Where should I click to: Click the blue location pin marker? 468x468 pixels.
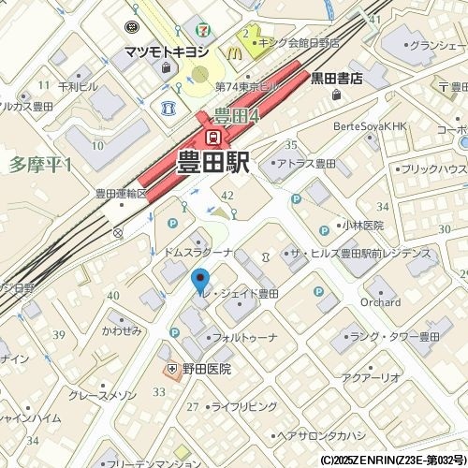199,278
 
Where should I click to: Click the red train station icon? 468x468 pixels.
214,137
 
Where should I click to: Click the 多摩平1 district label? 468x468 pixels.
40,165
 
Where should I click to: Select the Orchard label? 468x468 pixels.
381,302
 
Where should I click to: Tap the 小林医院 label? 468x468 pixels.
362,226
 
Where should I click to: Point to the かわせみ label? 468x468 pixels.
122,331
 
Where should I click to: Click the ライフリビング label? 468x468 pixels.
243,406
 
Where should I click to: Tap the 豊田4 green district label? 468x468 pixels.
235,116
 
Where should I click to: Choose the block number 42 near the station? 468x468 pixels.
227,194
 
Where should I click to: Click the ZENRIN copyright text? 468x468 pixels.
392,461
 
